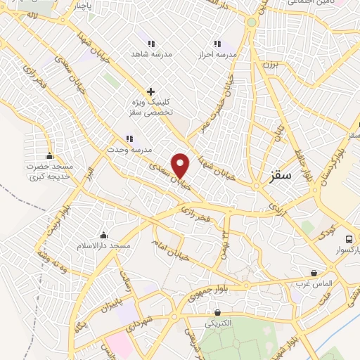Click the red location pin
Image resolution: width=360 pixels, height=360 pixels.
(x=181, y=165)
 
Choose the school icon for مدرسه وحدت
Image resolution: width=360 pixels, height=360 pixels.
(x=128, y=139)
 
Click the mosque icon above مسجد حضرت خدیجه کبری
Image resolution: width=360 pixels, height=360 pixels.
(x=49, y=155)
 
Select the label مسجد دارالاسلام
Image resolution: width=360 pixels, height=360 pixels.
(x=104, y=246)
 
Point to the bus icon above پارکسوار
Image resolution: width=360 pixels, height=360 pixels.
(x=348, y=238)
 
